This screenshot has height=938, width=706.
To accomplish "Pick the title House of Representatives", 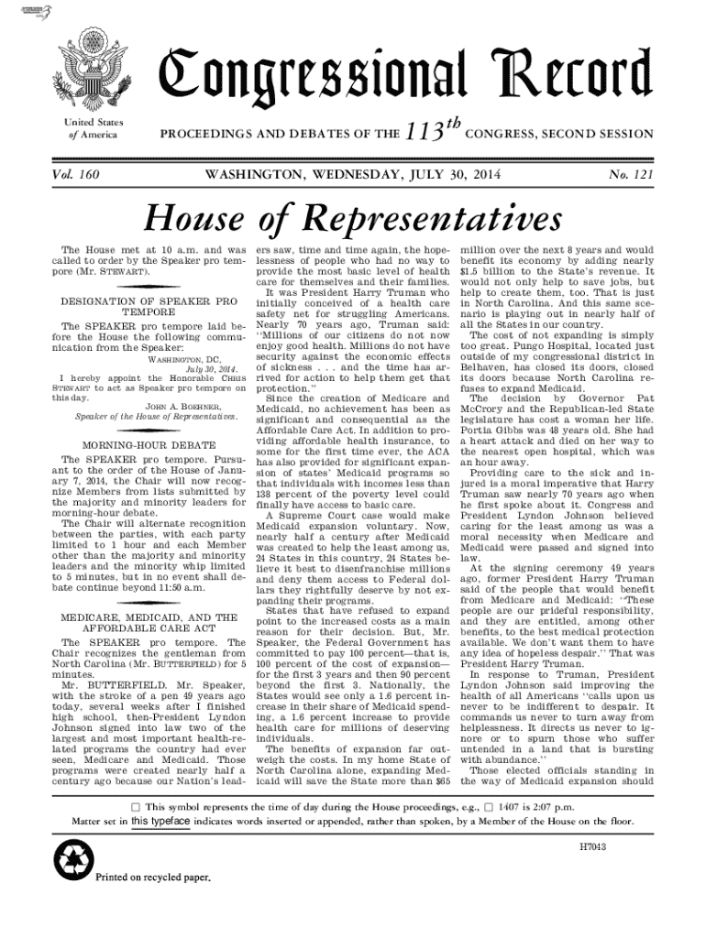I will click(x=353, y=215).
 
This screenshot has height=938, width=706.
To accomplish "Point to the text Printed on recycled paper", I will click(x=153, y=877).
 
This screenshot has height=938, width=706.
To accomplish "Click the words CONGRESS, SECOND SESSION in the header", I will click(x=559, y=135).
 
